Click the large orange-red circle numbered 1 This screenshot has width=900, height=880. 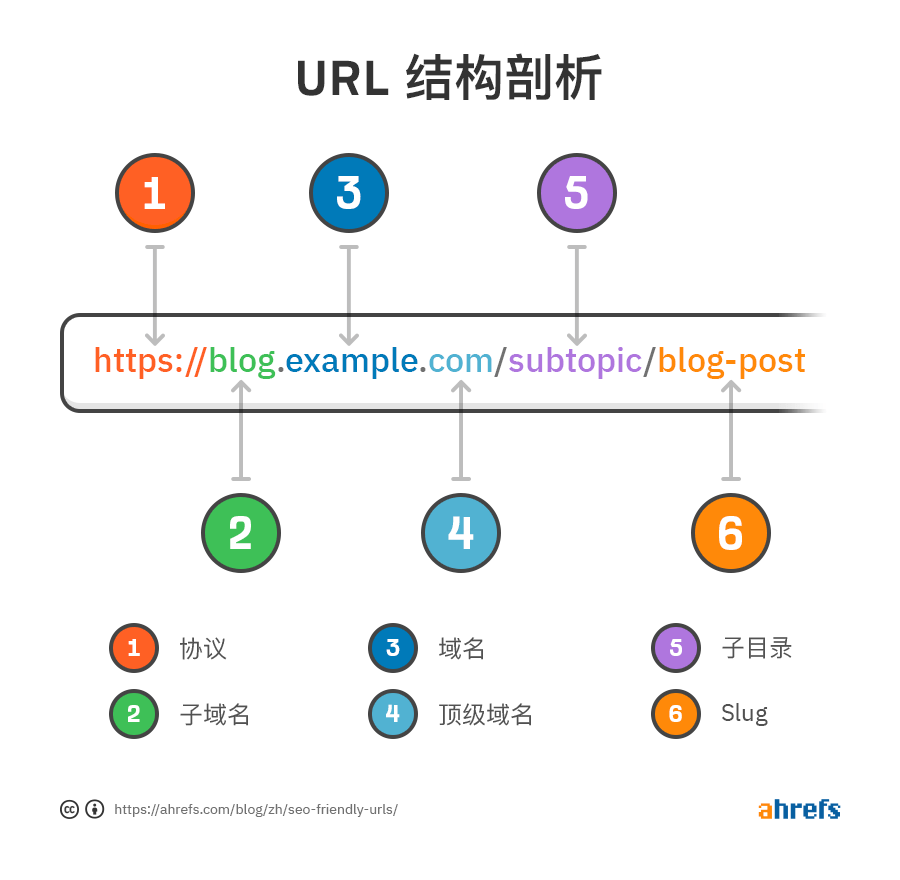[154, 193]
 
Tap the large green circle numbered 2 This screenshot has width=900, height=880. [241, 533]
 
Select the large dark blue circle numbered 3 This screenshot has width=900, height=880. [348, 193]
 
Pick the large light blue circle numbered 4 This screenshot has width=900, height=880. [460, 533]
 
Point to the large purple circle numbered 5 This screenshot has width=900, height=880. [576, 193]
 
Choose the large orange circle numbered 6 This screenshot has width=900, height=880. [731, 533]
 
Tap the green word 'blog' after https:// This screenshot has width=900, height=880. [242, 361]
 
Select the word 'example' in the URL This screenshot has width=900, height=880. [351, 361]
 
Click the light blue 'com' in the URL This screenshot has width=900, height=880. [460, 361]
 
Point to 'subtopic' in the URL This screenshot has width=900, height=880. [575, 361]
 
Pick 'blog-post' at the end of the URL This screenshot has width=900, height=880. [732, 361]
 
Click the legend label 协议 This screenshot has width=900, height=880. [203, 648]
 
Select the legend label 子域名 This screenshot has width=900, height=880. [215, 714]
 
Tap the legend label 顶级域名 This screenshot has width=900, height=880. [486, 714]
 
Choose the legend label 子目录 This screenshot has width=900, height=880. [757, 648]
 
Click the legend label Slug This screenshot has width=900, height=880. [745, 714]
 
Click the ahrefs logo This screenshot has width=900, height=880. [799, 809]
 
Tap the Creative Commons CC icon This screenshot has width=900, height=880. [70, 809]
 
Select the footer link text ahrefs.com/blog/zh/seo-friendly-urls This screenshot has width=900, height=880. [256, 809]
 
